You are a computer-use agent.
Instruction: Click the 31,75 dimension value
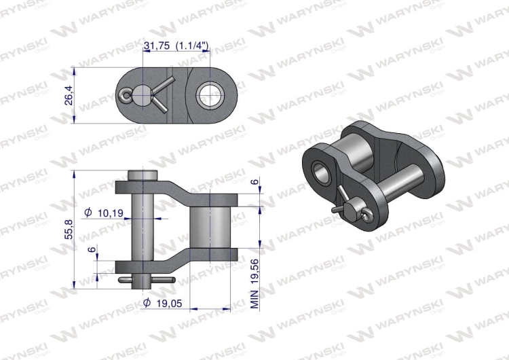click(157, 46)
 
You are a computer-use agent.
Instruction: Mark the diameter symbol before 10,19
click(88, 213)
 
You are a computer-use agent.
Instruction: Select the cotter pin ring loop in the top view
click(126, 96)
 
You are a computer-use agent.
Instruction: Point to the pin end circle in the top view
click(142, 96)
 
